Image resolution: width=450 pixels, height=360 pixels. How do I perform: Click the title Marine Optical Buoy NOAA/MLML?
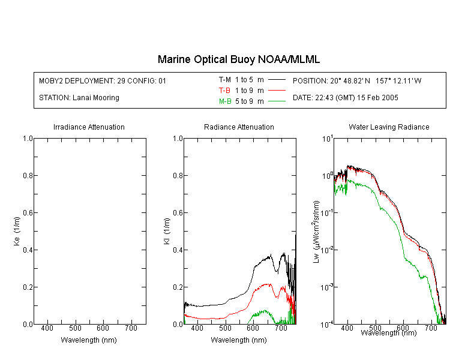click(239, 59)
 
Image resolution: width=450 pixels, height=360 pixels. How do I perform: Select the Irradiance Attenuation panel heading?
click(89, 127)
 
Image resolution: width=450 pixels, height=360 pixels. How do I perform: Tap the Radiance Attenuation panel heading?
click(239, 127)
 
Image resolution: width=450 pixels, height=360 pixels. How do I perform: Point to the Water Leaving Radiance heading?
click(389, 127)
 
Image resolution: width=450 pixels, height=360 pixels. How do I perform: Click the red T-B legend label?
click(224, 91)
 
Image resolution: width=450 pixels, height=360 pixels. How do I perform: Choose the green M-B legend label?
click(225, 101)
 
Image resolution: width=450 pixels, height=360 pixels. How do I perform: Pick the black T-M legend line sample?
click(277, 80)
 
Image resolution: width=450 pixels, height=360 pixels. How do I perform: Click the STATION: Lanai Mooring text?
click(79, 98)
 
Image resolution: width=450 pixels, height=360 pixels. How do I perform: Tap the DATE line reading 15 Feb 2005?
click(345, 98)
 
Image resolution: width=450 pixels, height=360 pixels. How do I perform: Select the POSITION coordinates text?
click(357, 81)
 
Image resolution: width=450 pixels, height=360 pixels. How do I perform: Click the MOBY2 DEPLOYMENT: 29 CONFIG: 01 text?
click(103, 81)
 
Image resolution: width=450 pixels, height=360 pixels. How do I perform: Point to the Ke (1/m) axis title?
click(17, 232)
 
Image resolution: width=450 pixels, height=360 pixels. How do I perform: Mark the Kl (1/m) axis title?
click(167, 232)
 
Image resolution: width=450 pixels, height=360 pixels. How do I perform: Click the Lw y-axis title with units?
click(316, 232)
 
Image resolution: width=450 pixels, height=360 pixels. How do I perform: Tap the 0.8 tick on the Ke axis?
click(28, 175)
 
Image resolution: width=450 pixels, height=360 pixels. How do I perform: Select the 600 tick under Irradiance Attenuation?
click(103, 328)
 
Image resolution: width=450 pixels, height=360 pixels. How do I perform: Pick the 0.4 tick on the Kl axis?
click(178, 250)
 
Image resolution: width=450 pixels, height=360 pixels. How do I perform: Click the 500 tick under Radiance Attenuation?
click(225, 328)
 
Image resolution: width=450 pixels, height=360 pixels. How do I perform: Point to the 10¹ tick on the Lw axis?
click(328, 139)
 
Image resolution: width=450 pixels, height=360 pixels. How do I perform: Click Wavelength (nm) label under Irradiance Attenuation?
click(89, 340)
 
